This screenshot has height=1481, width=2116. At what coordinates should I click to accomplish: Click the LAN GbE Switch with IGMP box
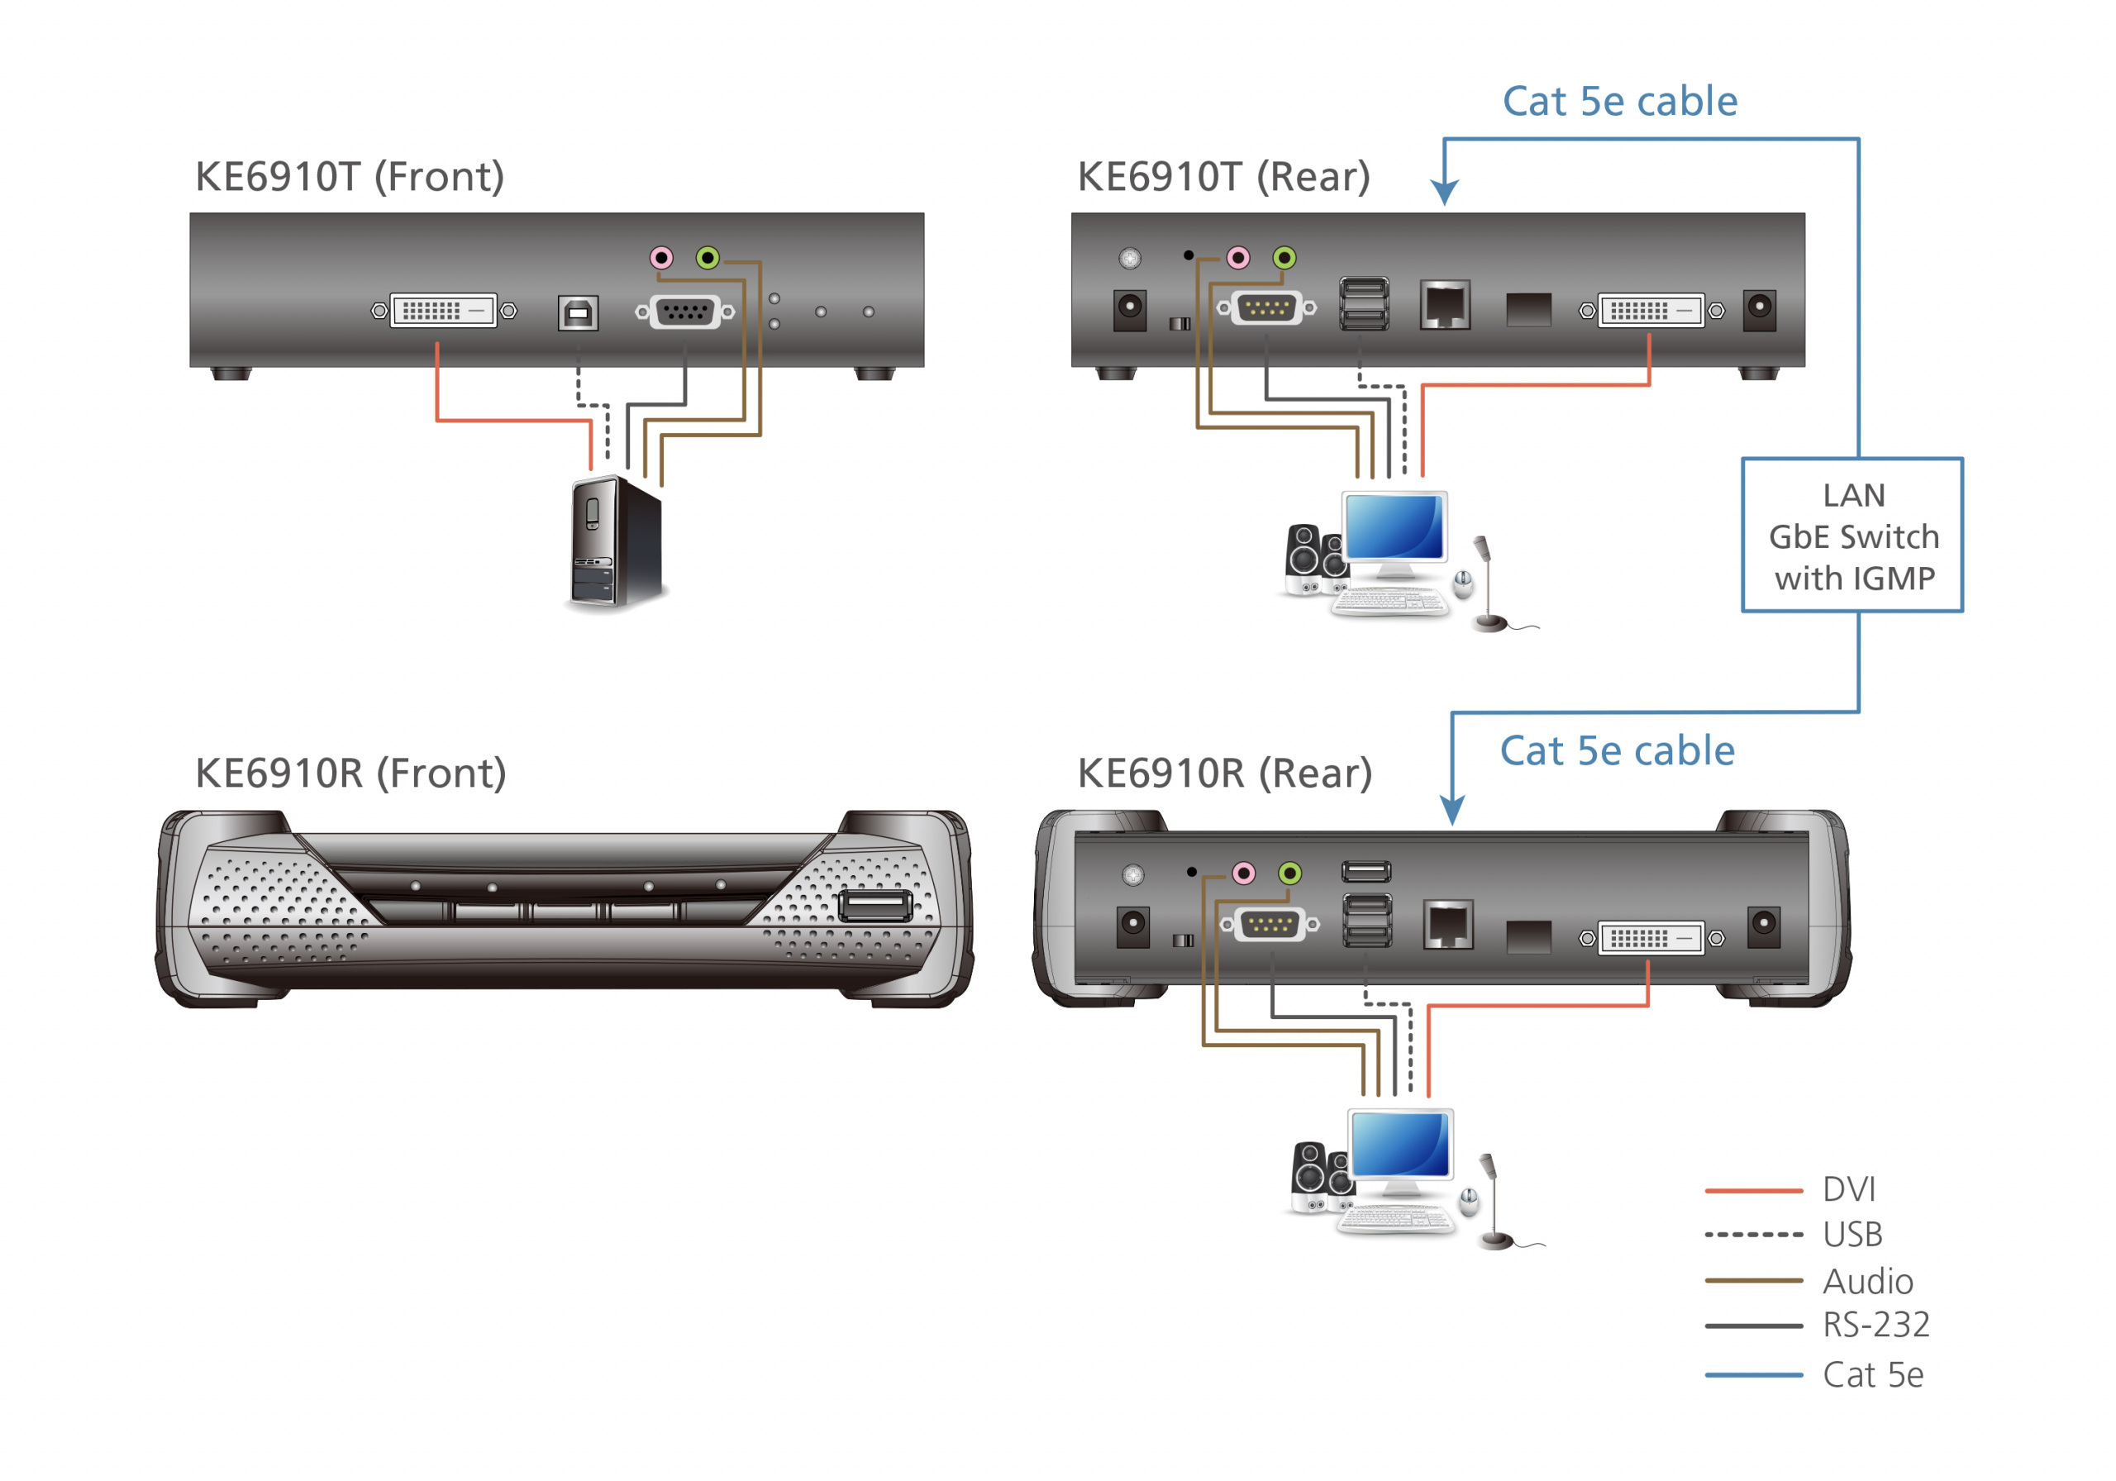point(1851,536)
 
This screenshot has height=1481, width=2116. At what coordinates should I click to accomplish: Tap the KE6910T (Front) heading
point(350,176)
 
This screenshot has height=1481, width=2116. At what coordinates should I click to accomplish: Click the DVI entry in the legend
point(1848,1189)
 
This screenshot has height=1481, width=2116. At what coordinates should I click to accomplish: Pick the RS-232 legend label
point(1875,1324)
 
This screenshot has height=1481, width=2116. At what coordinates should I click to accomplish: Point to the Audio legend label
point(1867,1281)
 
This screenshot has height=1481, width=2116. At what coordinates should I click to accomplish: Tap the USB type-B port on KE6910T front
point(578,313)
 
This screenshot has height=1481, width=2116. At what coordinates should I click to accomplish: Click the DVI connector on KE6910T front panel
point(443,311)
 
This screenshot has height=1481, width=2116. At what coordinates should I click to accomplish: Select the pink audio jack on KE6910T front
point(660,257)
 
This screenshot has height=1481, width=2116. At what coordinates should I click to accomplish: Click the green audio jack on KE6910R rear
point(1289,872)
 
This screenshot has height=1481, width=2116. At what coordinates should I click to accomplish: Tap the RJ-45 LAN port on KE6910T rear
point(1444,304)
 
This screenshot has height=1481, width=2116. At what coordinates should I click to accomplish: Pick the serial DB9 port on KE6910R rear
point(1269,923)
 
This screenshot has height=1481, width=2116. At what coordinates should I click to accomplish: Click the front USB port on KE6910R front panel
point(875,906)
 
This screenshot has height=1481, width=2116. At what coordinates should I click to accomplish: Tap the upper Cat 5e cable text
point(1619,102)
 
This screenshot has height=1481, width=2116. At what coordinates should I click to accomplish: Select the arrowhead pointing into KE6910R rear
point(1451,811)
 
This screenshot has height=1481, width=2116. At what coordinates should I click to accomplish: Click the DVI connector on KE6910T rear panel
point(1650,311)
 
